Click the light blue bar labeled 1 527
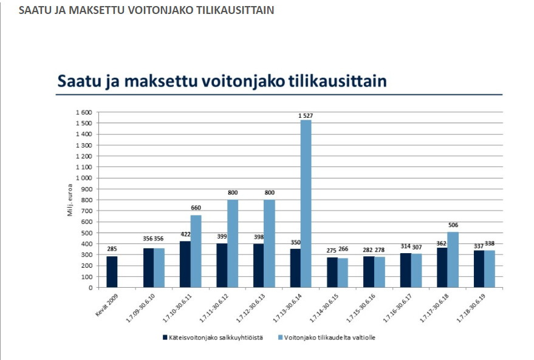tap(306, 203)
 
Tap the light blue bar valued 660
tap(196, 251)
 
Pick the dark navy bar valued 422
tap(185, 264)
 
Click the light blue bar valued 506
tap(453, 259)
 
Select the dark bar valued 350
tap(295, 268)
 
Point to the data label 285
tap(112, 248)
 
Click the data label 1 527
tap(306, 115)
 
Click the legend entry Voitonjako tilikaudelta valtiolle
tap(330, 338)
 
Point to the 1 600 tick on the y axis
tap(83, 112)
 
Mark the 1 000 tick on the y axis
tap(83, 178)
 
